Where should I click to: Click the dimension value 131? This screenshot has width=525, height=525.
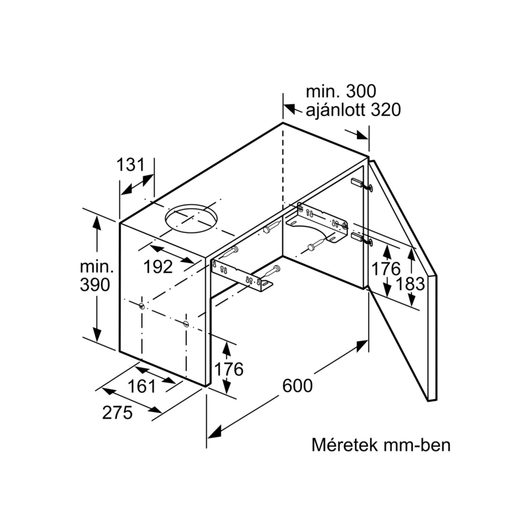[130, 165]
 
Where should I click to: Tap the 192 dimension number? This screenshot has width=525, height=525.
[157, 267]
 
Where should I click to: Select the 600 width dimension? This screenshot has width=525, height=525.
[297, 385]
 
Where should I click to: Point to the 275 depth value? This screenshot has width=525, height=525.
[117, 412]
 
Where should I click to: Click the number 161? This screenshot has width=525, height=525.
[142, 387]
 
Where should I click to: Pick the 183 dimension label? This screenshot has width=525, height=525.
[410, 284]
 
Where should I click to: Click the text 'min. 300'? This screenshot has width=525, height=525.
[341, 91]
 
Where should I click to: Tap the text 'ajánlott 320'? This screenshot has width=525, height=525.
[353, 110]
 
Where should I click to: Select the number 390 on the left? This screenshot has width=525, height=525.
[94, 285]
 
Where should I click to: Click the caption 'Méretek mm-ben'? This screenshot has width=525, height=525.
[381, 445]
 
